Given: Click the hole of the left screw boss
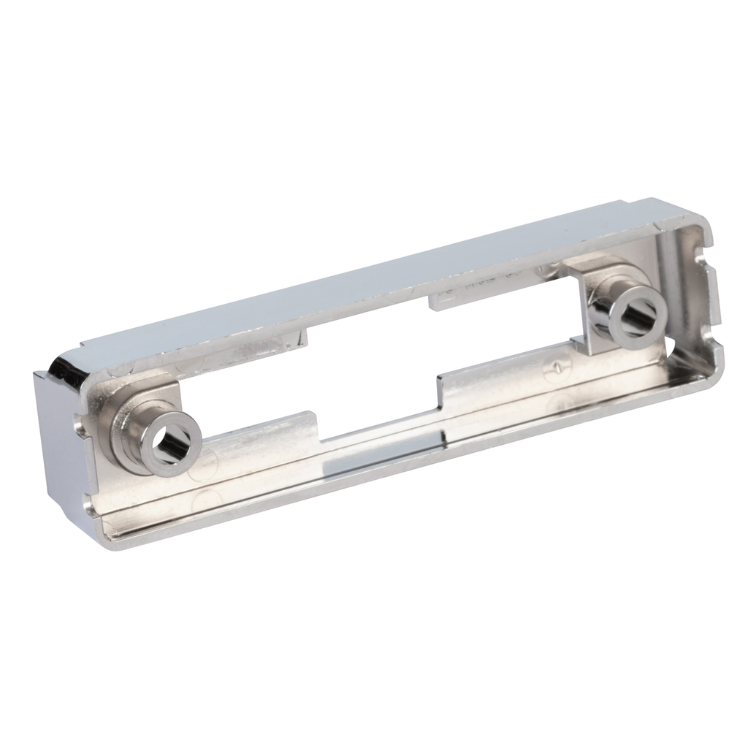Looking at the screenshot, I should pyautogui.click(x=170, y=443).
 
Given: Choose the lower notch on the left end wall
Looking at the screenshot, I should pyautogui.click(x=89, y=503).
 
